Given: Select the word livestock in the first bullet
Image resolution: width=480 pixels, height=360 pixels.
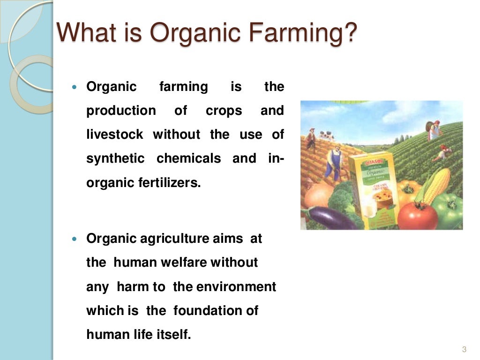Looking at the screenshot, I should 115,135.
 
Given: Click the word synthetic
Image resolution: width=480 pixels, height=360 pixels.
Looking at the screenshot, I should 115,158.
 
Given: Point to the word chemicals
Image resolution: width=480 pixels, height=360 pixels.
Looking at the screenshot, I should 188,158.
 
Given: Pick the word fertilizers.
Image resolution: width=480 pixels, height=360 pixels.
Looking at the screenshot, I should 173,183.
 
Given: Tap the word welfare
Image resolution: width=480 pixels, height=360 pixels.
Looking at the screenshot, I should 183,262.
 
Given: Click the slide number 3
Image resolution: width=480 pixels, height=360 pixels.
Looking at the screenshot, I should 464,349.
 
